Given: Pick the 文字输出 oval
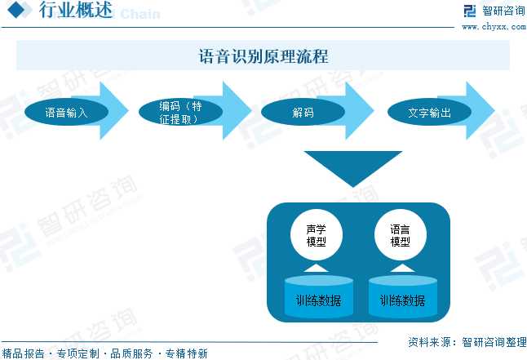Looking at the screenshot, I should pyautogui.click(x=429, y=112).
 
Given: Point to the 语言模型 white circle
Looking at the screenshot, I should pyautogui.click(x=400, y=235).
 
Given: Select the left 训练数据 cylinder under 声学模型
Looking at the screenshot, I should pyautogui.click(x=319, y=299).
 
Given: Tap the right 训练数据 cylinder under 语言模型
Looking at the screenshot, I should pyautogui.click(x=402, y=299).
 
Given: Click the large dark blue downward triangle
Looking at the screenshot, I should pyautogui.click(x=352, y=166).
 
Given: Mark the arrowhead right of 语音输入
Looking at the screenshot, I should pyautogui.click(x=117, y=111).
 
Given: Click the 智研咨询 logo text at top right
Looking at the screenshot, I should pyautogui.click(x=503, y=11).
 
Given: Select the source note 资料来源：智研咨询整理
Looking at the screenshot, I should pyautogui.click(x=464, y=341).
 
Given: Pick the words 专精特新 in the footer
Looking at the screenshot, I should pyautogui.click(x=186, y=353).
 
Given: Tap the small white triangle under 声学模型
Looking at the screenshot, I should pyautogui.click(x=316, y=268).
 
